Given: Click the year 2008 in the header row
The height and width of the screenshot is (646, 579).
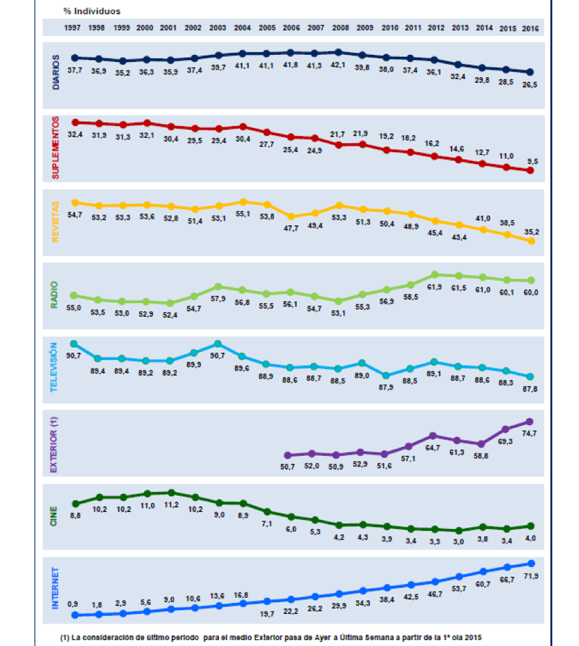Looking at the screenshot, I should click(x=340, y=27).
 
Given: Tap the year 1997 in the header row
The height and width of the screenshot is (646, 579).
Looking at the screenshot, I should click(x=73, y=27).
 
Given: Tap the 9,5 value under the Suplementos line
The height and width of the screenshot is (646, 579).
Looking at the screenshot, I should click(x=533, y=161).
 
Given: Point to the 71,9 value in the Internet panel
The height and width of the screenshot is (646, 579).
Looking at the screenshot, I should click(x=531, y=575).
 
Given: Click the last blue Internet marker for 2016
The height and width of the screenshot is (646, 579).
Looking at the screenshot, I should click(x=531, y=563).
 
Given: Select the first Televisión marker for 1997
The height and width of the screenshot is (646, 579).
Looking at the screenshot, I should click(x=74, y=344).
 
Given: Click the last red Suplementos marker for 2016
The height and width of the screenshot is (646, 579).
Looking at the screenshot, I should click(x=531, y=170).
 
